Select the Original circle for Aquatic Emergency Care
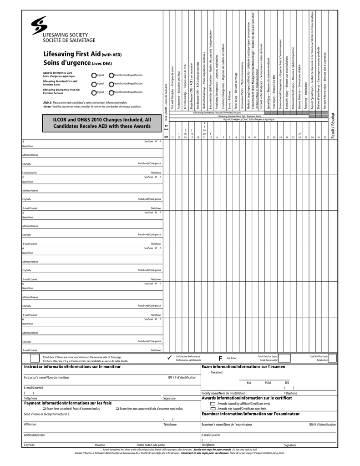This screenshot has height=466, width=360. pos(94,75)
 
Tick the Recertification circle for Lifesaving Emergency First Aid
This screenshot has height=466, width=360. pos(112,92)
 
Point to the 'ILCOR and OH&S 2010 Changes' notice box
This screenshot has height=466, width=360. pos(95,122)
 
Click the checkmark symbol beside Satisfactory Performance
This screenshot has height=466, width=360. pos(169,358)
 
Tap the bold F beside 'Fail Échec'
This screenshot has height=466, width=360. pos(220,358)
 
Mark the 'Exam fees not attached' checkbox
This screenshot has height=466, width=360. pos(117,409)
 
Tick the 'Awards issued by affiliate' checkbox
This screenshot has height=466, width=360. pos(213,404)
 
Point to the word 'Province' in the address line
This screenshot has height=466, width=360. pos(100,445)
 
